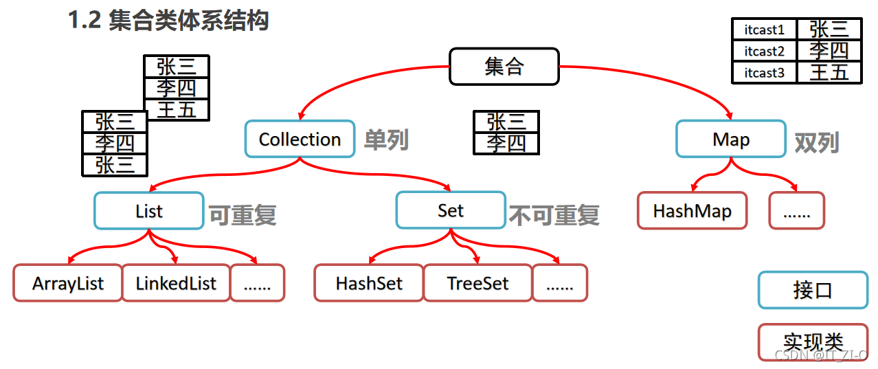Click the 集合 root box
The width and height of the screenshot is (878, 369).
504,67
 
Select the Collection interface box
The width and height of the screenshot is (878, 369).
300,139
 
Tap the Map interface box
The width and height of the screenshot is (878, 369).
730,139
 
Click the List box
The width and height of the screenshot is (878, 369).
148,211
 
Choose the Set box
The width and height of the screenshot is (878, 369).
450,211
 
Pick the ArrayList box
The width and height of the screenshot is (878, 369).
67,283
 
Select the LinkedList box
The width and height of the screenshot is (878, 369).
176,283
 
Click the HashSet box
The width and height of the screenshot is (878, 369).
369,283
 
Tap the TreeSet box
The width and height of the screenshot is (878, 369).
477,283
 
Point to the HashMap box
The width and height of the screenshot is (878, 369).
692,211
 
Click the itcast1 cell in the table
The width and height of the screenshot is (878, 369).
764,30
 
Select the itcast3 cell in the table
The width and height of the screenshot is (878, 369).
764,73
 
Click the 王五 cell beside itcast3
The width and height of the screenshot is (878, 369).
829,73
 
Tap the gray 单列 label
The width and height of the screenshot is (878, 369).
386,140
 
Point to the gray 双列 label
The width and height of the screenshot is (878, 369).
817,143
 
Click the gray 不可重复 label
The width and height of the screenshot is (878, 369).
554,215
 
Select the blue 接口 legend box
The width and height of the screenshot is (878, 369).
813,290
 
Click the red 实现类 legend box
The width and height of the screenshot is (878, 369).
813,342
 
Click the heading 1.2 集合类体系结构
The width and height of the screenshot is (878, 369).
168,21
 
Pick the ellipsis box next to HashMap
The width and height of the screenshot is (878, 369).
796,211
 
